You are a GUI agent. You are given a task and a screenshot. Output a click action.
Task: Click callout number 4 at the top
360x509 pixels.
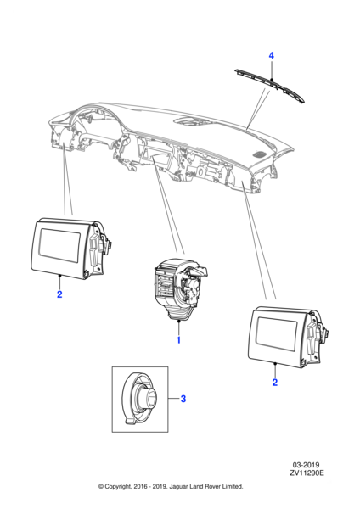click(x=272, y=55)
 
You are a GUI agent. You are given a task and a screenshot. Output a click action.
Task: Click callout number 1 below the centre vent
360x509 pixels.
click(x=178, y=340)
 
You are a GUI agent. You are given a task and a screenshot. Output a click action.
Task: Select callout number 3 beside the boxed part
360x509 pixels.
click(x=183, y=399)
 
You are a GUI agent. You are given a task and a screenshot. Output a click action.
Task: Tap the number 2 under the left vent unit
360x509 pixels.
click(x=59, y=294)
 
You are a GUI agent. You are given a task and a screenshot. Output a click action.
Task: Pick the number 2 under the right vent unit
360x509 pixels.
click(x=275, y=383)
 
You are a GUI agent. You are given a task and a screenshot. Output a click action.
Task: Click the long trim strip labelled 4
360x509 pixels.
click(x=270, y=86)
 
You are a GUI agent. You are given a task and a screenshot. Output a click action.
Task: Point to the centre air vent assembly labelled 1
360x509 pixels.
click(x=179, y=288)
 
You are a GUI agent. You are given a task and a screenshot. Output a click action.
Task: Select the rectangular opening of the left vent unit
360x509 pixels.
click(x=59, y=245)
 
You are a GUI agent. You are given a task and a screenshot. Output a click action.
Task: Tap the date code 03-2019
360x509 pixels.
click(x=306, y=465)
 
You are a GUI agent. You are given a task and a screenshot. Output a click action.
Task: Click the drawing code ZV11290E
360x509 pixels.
click(x=307, y=473)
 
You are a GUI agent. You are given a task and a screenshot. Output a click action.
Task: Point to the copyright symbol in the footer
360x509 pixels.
click(x=101, y=487)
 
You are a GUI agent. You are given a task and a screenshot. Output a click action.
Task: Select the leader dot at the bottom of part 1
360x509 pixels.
click(x=178, y=321)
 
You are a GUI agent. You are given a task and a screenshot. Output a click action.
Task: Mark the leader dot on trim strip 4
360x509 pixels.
click(x=272, y=80)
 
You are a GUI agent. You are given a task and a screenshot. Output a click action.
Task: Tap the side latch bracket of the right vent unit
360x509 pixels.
click(x=313, y=338)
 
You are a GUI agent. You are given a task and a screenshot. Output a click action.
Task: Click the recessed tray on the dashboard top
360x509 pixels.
click(x=189, y=122)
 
